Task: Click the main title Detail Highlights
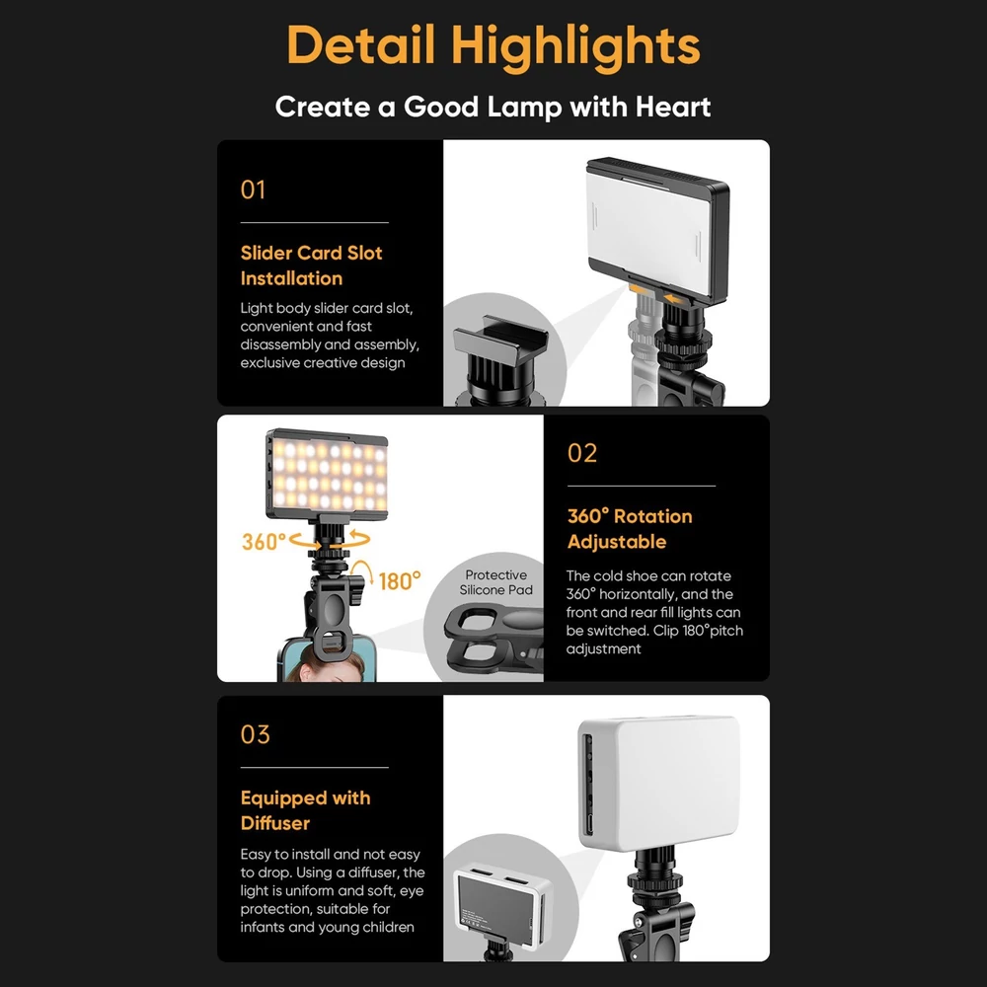(x=493, y=46)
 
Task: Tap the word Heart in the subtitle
(x=673, y=107)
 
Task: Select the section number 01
(x=253, y=190)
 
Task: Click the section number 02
(x=581, y=453)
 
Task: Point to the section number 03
(x=255, y=734)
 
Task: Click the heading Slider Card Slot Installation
(x=311, y=265)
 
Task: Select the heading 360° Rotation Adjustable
(x=630, y=529)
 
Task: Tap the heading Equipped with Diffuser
(x=305, y=810)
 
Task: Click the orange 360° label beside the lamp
(x=264, y=541)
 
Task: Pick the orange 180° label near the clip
(x=400, y=580)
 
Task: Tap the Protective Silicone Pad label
(x=496, y=582)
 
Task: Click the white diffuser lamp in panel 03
(x=658, y=783)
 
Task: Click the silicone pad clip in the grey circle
(x=494, y=641)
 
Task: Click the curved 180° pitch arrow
(x=360, y=569)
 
